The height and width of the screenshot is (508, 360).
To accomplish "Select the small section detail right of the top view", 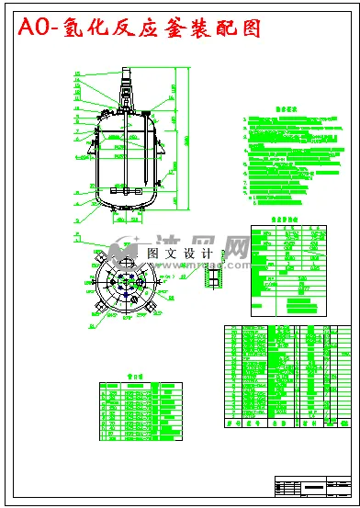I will tap(214, 276).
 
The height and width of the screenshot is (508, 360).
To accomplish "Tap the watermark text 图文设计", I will tap(179, 254).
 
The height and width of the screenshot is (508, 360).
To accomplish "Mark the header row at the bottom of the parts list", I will tap(285, 424).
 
